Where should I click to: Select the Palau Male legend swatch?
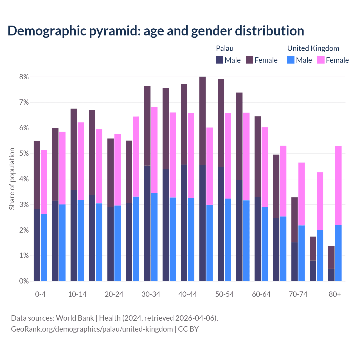pyautogui.click(x=220, y=60)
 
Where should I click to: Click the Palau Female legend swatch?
pyautogui.click(x=249, y=60)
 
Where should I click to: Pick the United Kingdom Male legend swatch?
pyautogui.click(x=291, y=60)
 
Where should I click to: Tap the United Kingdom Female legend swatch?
pyautogui.click(x=321, y=60)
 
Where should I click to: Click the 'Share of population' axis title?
pyautogui.click(x=12, y=179)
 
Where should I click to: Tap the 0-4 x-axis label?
pyautogui.click(x=40, y=294)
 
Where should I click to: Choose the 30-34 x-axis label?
pyautogui.click(x=151, y=294)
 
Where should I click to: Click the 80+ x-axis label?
pyautogui.click(x=335, y=294)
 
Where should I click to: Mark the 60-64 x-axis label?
pyautogui.click(x=261, y=294)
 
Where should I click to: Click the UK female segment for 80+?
pyautogui.click(x=338, y=186)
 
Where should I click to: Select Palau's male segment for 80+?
pyautogui.click(x=331, y=275)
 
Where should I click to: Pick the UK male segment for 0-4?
pyautogui.click(x=44, y=247)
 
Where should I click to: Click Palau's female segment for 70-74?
pyautogui.click(x=294, y=220)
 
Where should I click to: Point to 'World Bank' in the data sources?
pyautogui.click(x=75, y=318)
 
